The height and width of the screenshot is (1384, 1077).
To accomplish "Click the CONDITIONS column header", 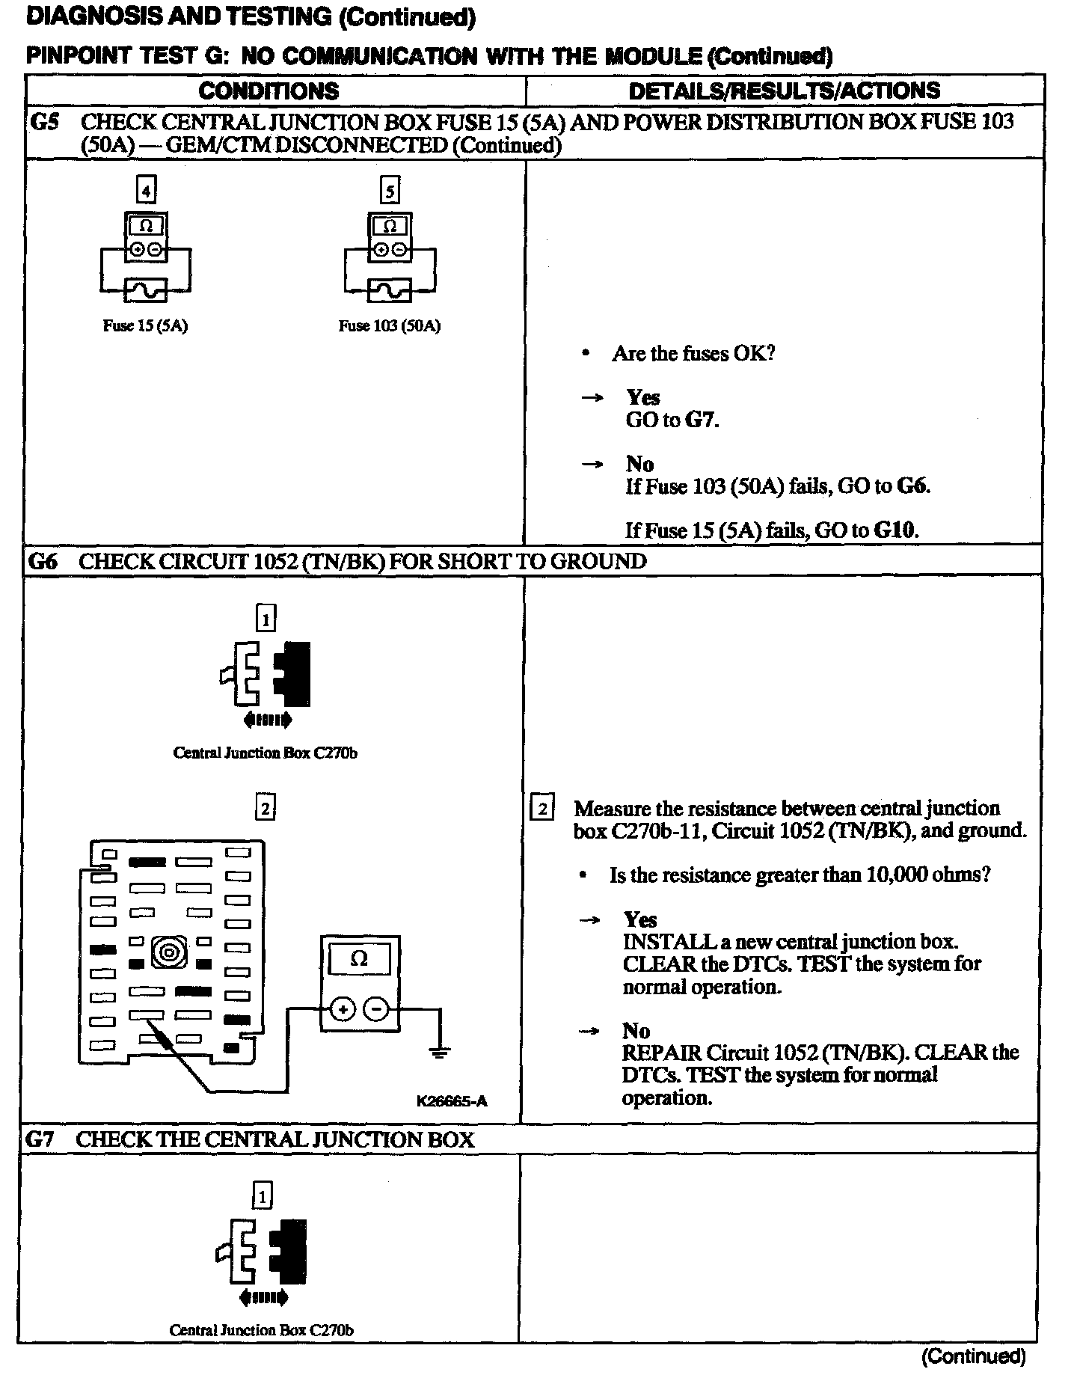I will point(269,91).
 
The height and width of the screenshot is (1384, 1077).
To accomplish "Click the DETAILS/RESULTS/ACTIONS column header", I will point(784,91).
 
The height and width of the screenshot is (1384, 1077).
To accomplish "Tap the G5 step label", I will point(44,121).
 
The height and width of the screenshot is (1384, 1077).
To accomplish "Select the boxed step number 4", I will point(146,191).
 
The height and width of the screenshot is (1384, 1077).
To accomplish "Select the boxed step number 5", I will point(390,191).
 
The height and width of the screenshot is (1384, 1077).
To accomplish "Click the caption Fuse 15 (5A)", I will point(145,326).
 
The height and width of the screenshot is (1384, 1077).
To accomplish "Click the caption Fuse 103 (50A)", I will point(389,326).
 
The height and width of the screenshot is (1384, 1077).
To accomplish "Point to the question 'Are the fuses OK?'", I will point(693,353).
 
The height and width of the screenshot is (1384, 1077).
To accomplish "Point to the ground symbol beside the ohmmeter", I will point(439,1052).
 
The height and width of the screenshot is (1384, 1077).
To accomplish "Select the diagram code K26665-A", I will point(452,1100).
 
